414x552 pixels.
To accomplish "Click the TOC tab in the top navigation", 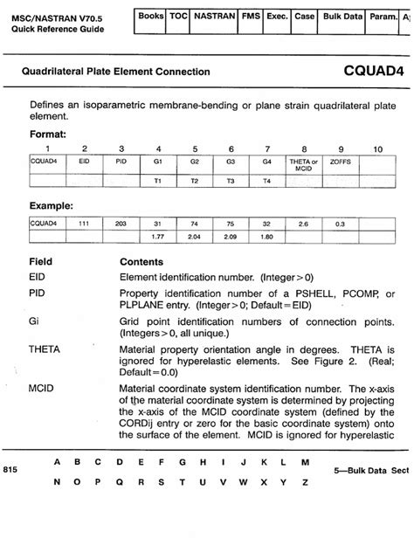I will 178,17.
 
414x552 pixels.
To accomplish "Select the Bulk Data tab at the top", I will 345,17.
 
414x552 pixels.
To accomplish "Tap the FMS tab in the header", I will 251,17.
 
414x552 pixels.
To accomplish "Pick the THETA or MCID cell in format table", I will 304,165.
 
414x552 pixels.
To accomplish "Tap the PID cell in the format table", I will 121,162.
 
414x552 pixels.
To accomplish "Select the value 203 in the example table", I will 121,224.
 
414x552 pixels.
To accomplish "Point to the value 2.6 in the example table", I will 304,224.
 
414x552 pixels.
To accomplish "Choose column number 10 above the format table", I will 377,149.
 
